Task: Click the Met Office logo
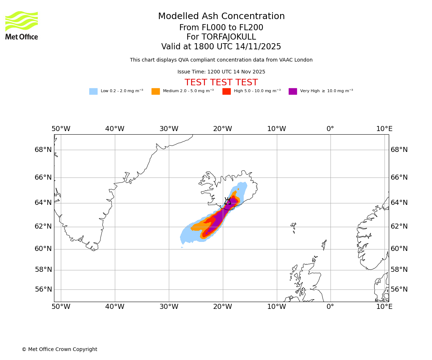coord(22,25)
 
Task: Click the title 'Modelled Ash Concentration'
coord(221,17)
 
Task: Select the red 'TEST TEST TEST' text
coord(221,82)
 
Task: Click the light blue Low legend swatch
coord(93,91)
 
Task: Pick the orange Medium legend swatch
coord(156,91)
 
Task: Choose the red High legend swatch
coord(226,91)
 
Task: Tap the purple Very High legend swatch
coord(293,91)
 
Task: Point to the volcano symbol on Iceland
coord(228,201)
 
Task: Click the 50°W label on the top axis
coord(61,129)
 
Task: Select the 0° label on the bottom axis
coord(330,307)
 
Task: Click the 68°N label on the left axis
coord(43,150)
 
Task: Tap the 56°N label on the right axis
coord(399,289)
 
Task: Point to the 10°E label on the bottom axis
coord(384,307)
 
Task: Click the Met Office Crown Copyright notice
coord(59,349)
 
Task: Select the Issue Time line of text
coord(221,72)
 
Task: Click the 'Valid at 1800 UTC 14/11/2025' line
coord(221,47)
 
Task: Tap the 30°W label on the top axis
coord(169,129)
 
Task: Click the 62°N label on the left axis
coord(43,226)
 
